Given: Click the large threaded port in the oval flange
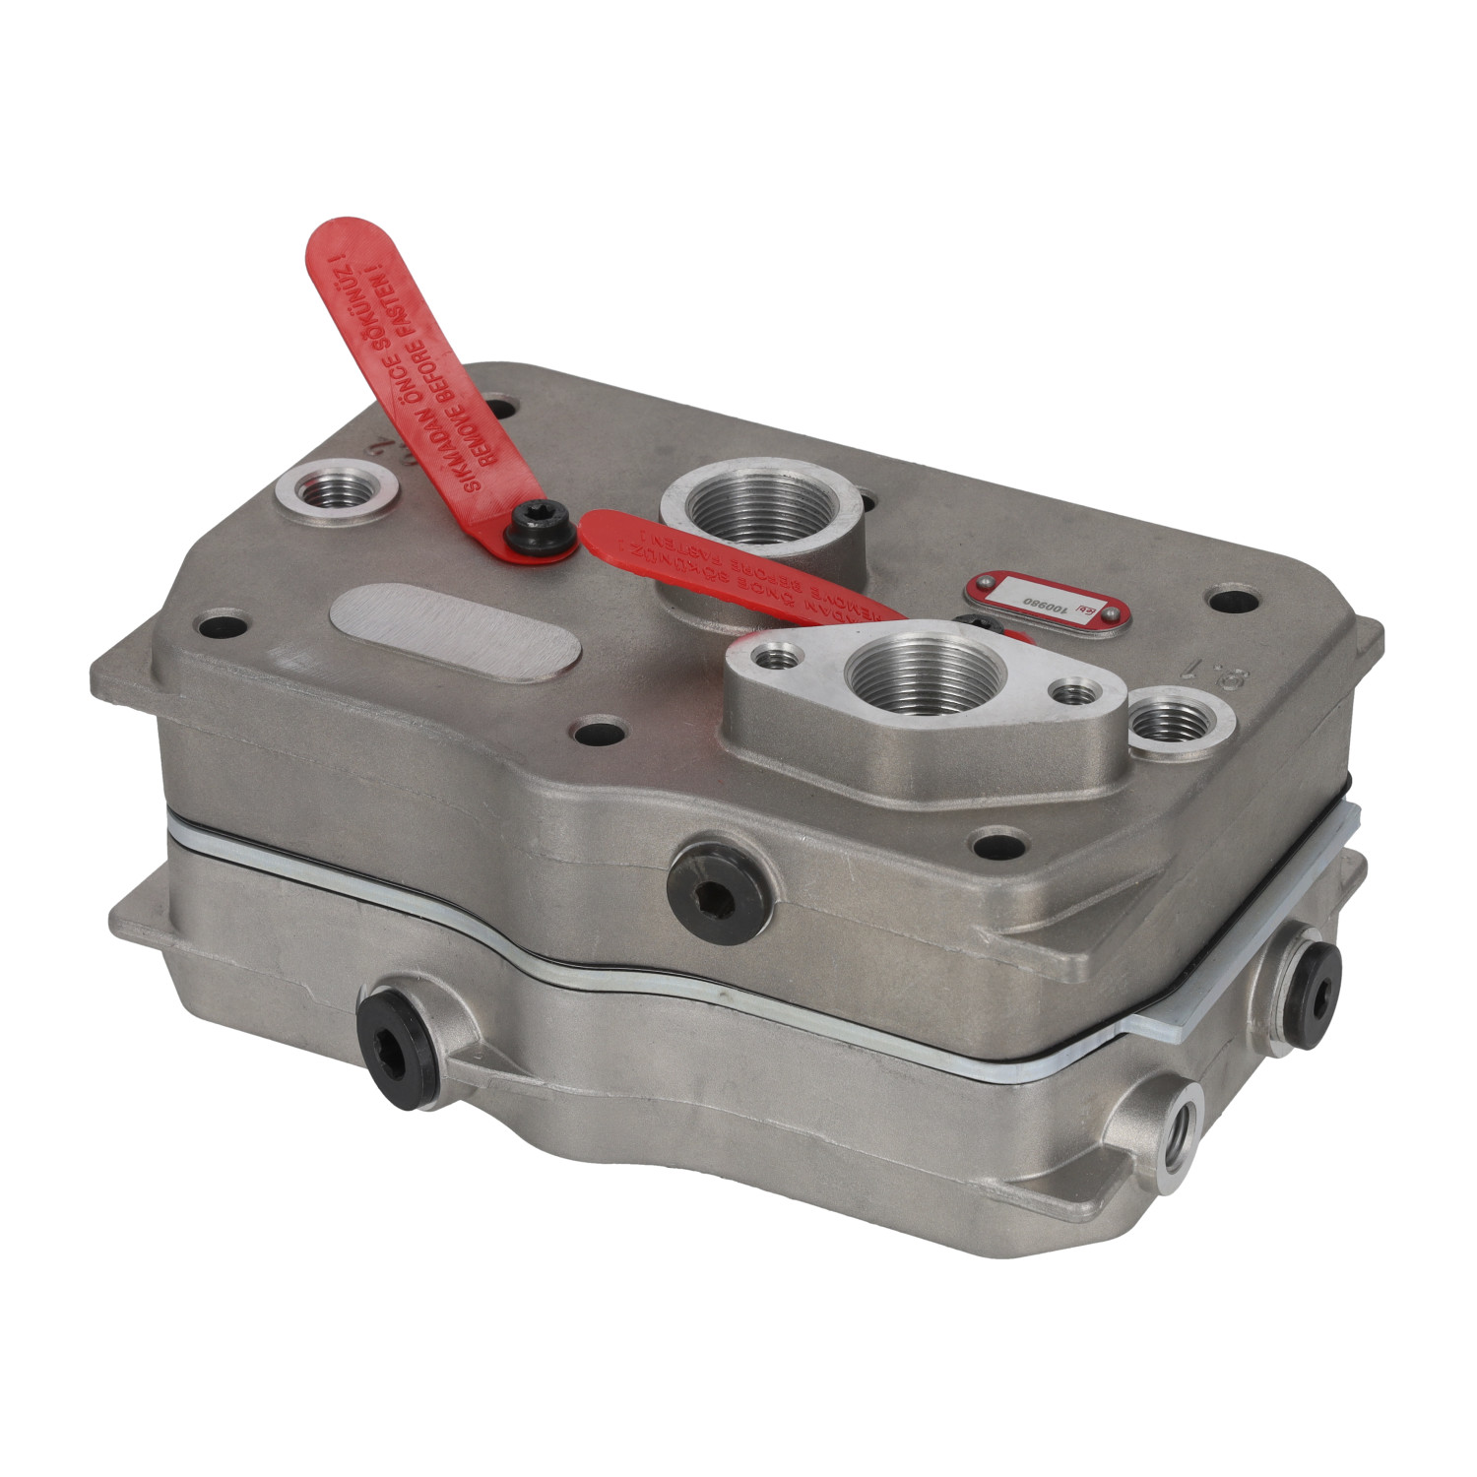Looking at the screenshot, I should tap(923, 676).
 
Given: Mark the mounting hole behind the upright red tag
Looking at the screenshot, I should tap(499, 406).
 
